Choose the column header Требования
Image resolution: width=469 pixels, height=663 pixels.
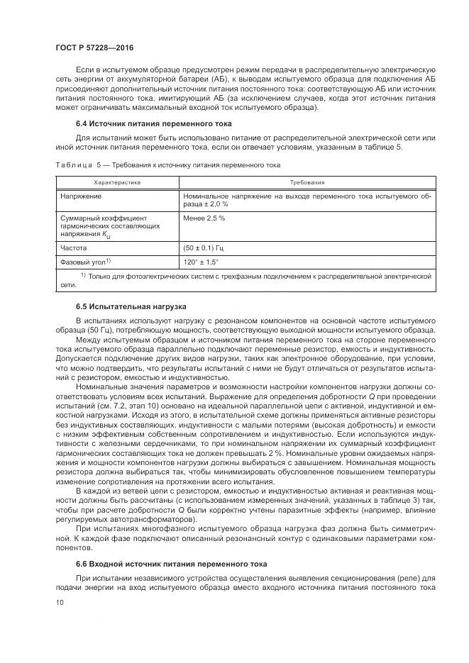click(307, 183)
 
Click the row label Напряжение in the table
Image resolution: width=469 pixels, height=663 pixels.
click(80, 196)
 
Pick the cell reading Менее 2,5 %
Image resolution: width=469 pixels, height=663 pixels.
click(204, 218)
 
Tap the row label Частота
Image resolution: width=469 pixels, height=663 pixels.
click(74, 248)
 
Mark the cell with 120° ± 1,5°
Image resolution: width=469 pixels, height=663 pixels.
click(202, 262)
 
